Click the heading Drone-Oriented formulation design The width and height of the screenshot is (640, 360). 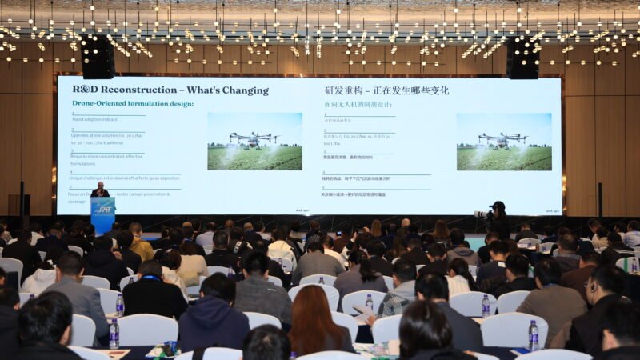click(x=133, y=103)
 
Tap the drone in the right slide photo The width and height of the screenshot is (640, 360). click(x=502, y=139)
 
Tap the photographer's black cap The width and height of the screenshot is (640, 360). click(x=499, y=205)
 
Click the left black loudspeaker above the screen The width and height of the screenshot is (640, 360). click(x=98, y=58)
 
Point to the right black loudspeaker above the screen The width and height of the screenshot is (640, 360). click(x=522, y=58)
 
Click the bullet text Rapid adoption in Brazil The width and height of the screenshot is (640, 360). click(x=94, y=119)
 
